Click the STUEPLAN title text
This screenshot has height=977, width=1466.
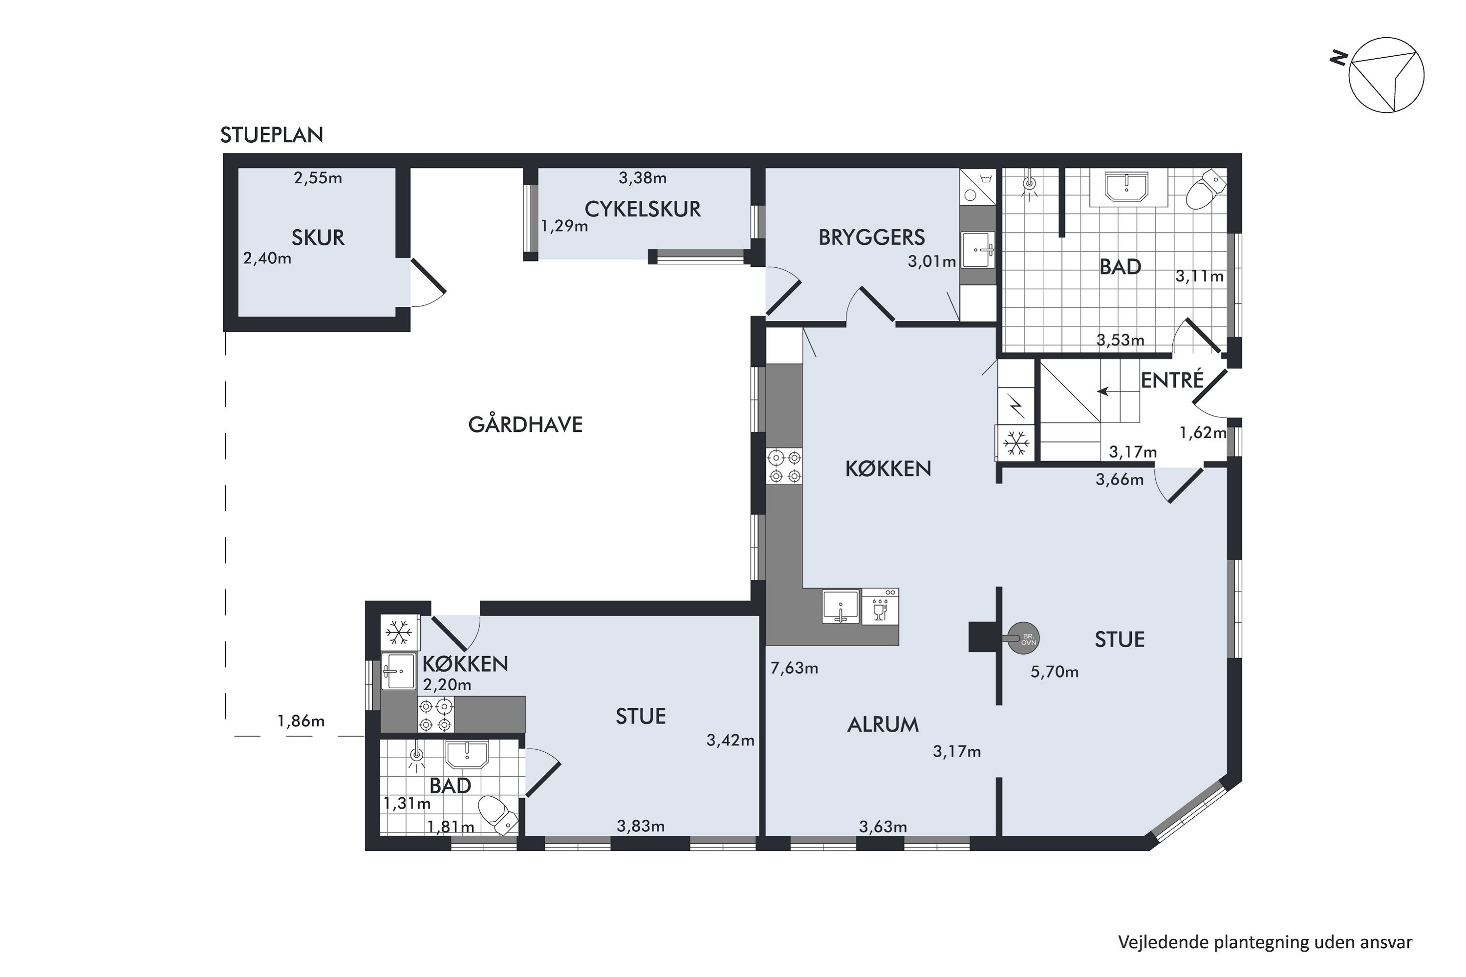click(x=272, y=135)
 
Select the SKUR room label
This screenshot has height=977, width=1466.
click(x=318, y=237)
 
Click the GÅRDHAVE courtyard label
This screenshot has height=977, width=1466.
click(x=525, y=425)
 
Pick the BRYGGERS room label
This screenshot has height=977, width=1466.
click(x=871, y=237)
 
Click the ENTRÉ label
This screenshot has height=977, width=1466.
click(x=1172, y=380)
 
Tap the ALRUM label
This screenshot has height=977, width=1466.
click(x=883, y=724)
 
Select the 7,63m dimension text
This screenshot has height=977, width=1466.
click(x=794, y=669)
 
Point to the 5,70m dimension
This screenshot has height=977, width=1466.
click(x=1054, y=672)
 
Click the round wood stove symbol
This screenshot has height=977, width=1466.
click(x=1023, y=638)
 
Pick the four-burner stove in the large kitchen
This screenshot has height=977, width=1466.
click(x=784, y=467)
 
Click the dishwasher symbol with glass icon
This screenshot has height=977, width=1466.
click(x=880, y=607)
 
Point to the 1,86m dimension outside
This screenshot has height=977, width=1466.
click(x=301, y=722)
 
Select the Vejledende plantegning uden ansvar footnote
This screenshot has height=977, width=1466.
click(x=1265, y=942)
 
